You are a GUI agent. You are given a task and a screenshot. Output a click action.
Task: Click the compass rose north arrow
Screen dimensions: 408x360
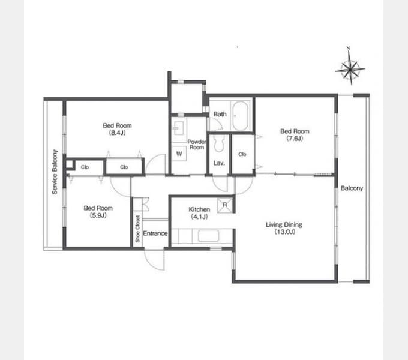click(350, 67)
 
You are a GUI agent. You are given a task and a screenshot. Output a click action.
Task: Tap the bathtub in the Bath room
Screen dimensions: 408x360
click(240, 115)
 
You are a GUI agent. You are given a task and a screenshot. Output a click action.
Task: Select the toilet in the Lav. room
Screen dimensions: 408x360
click(218, 143)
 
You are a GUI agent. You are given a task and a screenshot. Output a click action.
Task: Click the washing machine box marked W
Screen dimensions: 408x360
click(179, 154)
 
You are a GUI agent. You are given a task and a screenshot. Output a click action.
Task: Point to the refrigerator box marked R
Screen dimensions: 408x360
click(225, 205)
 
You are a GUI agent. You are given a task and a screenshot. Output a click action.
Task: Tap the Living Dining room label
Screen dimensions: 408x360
click(284, 228)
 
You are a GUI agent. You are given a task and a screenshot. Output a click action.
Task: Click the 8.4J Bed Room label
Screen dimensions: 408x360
click(117, 129)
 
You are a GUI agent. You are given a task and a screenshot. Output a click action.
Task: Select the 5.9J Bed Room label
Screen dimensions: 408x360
click(98, 212)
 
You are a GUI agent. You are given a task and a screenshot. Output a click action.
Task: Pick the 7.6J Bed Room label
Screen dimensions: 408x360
click(295, 135)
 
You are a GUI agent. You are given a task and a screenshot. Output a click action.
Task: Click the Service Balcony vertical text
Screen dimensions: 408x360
click(55, 172)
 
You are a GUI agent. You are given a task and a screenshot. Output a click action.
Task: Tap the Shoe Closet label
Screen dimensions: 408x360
click(137, 229)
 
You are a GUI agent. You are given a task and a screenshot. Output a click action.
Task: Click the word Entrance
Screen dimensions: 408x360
click(155, 233)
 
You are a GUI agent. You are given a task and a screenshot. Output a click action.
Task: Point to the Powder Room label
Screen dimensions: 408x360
click(197, 145)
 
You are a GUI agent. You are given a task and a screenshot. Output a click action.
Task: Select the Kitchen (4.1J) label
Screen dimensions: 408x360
click(199, 213)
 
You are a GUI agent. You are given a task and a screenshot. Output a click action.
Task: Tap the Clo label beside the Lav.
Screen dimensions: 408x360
click(242, 154)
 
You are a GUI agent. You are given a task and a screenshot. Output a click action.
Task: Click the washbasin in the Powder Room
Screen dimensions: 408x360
click(179, 128)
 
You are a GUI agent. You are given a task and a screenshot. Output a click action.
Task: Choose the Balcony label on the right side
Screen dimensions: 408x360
click(352, 188)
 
